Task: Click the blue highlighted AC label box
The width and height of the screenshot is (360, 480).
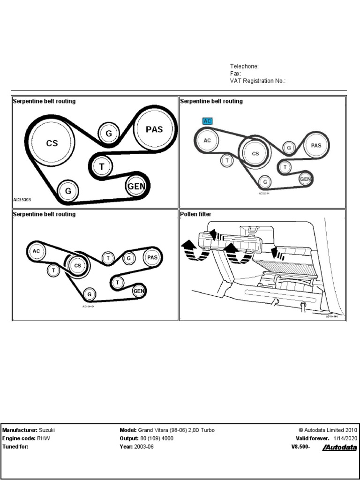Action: pyautogui.click(x=208, y=121)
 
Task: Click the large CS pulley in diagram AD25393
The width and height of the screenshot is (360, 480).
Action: pyautogui.click(x=52, y=143)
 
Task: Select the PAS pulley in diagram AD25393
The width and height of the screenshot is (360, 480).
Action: pyautogui.click(x=154, y=129)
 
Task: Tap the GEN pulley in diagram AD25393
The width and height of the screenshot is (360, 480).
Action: pyautogui.click(x=136, y=186)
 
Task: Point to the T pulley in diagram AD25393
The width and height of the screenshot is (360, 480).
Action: pyautogui.click(x=102, y=166)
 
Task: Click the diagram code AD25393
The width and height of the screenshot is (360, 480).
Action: pyautogui.click(x=22, y=199)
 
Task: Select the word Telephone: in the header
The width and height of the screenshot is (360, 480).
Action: pyautogui.click(x=244, y=67)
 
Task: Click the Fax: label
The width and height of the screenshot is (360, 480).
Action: pyautogui.click(x=235, y=74)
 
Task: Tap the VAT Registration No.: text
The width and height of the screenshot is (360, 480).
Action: pyautogui.click(x=257, y=81)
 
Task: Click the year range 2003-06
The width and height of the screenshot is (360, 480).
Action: pyautogui.click(x=144, y=447)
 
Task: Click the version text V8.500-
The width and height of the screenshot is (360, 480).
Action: pyautogui.click(x=300, y=447)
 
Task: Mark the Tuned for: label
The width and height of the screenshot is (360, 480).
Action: pyautogui.click(x=15, y=447)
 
